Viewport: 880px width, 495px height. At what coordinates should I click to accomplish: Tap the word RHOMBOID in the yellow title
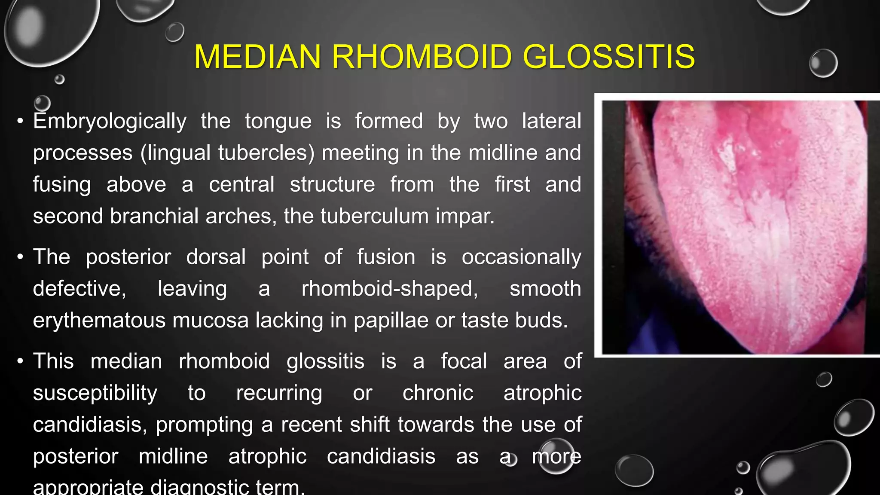[x=422, y=57]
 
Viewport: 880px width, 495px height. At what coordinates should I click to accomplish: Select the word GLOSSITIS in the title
[x=608, y=57]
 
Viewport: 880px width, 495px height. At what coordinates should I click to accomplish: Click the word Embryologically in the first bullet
[x=110, y=122]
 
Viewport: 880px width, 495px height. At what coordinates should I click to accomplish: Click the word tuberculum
[x=374, y=216]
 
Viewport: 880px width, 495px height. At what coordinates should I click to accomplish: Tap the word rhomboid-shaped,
[x=390, y=288]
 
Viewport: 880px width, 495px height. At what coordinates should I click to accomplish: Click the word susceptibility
[x=95, y=393]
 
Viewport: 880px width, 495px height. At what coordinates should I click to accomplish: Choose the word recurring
[x=279, y=393]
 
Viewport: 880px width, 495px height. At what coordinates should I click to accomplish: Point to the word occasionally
[x=521, y=257]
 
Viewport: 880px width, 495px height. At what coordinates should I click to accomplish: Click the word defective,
[x=79, y=288]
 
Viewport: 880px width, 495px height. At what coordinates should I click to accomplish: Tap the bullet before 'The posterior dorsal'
[x=20, y=257]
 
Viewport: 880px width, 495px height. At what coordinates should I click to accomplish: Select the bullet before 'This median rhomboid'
[x=20, y=361]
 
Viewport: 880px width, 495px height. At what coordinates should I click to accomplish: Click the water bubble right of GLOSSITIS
[x=823, y=63]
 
